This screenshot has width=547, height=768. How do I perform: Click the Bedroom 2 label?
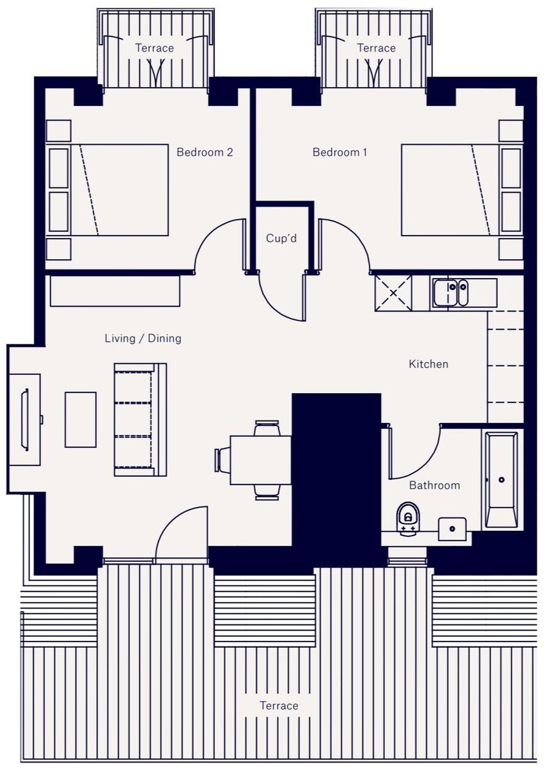(205, 152)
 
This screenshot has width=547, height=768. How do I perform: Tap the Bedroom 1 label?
(339, 152)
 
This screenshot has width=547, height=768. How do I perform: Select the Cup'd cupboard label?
(281, 239)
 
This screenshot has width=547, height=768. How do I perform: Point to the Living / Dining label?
(143, 338)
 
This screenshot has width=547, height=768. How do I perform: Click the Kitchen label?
(428, 364)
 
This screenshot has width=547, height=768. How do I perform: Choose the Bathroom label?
(434, 486)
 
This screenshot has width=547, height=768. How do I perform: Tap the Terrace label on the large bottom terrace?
(279, 706)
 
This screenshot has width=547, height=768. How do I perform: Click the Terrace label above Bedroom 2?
(154, 48)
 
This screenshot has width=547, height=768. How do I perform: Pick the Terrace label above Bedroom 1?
(376, 48)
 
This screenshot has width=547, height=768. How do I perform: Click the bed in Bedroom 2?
(119, 190)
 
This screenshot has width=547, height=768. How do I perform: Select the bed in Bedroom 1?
(450, 190)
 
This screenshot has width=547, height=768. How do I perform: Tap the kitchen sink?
(451, 293)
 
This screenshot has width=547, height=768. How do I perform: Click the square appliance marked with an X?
(393, 293)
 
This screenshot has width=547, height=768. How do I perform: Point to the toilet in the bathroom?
(408, 518)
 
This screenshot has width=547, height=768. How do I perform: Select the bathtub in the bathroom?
(501, 480)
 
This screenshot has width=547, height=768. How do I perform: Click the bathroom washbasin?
(452, 529)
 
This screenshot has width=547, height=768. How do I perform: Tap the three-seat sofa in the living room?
(140, 419)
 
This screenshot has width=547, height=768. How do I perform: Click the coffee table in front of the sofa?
(80, 420)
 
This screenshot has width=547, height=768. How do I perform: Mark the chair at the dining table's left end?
(222, 460)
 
